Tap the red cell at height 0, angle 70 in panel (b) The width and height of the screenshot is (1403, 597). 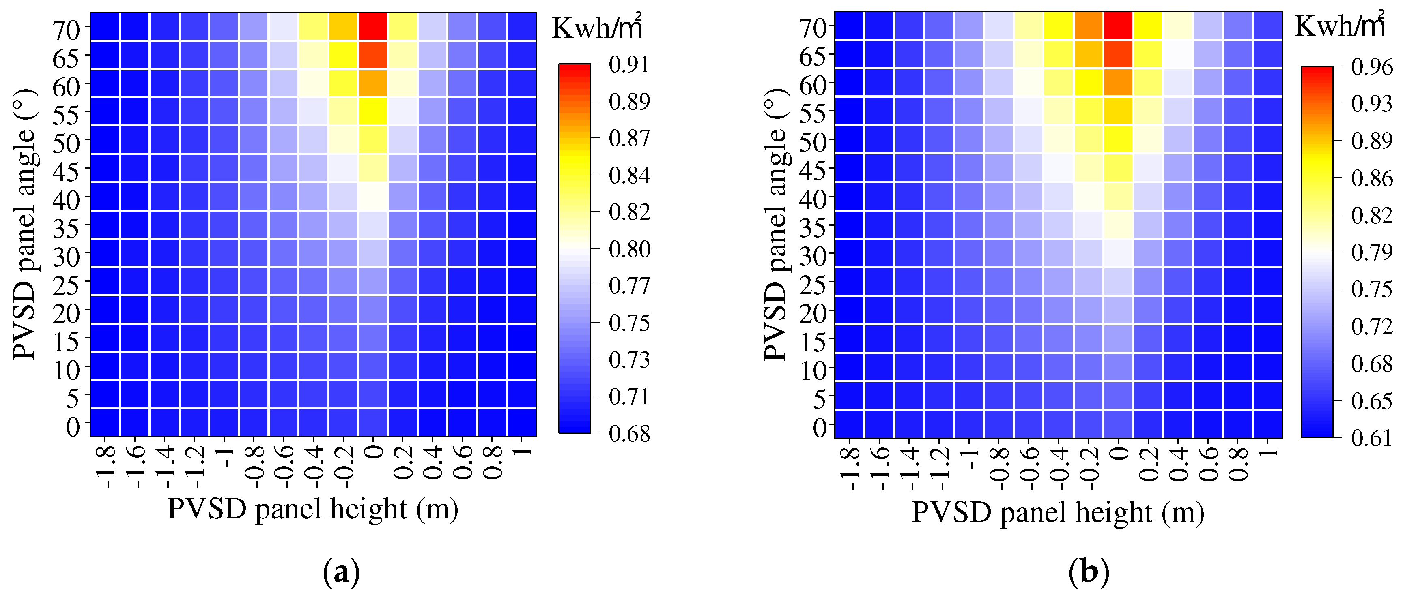(x=1118, y=25)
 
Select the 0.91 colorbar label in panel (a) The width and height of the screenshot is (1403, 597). (x=629, y=65)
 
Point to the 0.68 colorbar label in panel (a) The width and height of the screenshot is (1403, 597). (x=629, y=434)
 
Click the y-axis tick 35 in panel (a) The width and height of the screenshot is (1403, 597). (x=66, y=229)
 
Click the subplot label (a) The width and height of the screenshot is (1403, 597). (x=342, y=573)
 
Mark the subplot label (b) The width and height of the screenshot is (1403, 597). (x=1088, y=573)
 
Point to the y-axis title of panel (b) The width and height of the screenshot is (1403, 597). (x=776, y=224)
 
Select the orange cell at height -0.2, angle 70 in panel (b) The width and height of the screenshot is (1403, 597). (x=1088, y=25)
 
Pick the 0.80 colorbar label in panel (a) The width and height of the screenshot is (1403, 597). (x=629, y=249)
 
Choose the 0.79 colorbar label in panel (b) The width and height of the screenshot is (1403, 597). (x=1372, y=252)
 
